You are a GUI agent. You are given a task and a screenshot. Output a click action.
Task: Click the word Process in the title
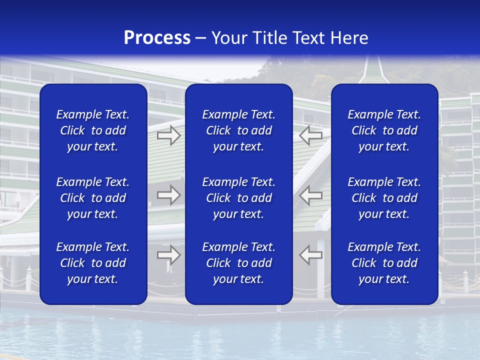[157, 38]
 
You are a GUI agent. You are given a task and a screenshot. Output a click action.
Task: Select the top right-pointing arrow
[168, 135]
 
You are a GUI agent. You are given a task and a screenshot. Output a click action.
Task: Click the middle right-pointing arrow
[168, 194]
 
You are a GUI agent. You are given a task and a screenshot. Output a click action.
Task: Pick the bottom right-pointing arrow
[168, 254]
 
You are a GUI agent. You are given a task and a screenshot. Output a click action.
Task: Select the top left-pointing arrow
[311, 135]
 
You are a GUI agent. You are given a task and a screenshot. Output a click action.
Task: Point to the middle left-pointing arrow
[311, 194]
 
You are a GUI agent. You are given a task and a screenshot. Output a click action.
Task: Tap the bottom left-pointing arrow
[311, 254]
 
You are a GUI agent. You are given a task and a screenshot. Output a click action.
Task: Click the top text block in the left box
[93, 130]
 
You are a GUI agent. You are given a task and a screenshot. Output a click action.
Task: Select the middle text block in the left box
[93, 198]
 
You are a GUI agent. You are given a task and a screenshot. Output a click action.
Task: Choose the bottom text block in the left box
[93, 263]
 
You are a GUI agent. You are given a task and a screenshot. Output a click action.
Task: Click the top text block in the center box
[239, 130]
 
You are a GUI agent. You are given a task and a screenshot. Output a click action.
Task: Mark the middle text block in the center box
[239, 198]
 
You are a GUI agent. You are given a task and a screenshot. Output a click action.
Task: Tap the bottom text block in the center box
[239, 263]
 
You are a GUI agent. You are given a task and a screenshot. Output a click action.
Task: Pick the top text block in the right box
[384, 130]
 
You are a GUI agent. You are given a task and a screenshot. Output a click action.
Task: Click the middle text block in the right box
[384, 198]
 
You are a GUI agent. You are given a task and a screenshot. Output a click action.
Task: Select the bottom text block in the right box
[384, 263]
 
